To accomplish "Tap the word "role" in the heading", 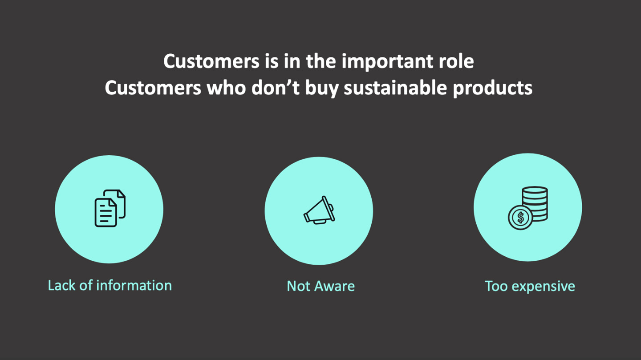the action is [x=456, y=61].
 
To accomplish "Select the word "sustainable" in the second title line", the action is [x=395, y=88].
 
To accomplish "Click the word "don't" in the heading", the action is [x=275, y=88].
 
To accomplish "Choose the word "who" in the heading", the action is [x=226, y=88].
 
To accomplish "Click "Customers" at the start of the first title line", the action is [x=211, y=61].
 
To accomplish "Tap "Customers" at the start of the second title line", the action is [x=153, y=88].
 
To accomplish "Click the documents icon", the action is [x=110, y=208].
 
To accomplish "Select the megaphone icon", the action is [x=319, y=210].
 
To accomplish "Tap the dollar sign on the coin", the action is [x=520, y=218].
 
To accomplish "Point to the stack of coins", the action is [x=535, y=203].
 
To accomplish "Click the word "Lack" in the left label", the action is [x=62, y=285].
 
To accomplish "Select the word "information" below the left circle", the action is [x=134, y=285].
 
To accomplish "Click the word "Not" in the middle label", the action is [x=299, y=286].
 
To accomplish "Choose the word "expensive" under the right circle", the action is [x=543, y=287].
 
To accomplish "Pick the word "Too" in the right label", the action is [x=496, y=286].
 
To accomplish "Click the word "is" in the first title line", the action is [x=272, y=61].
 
